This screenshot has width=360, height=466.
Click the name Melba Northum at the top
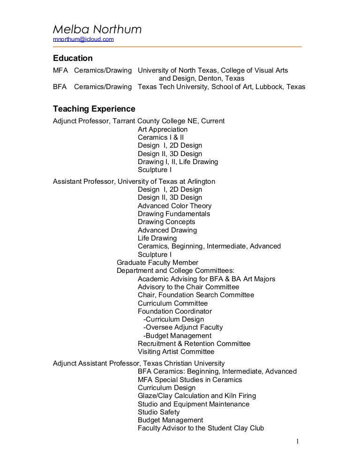coord(97,30)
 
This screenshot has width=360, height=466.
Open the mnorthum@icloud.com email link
coord(83,39)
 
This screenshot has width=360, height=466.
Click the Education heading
coord(73,58)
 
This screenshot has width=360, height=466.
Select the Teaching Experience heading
coord(94,109)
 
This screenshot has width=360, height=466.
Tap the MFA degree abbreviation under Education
coord(60,70)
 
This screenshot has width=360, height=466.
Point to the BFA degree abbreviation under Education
coord(60,87)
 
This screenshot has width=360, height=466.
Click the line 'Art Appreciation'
coord(163,129)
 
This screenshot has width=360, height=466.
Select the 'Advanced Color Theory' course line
coord(174,206)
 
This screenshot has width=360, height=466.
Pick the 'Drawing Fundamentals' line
coord(174,214)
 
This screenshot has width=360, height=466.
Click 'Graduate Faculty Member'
coord(157,263)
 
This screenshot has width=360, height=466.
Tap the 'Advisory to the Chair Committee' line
coord(188,287)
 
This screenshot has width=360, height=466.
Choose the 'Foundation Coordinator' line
coord(175,311)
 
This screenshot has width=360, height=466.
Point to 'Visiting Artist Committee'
coord(176,352)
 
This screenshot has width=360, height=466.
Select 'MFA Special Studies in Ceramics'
coord(190,380)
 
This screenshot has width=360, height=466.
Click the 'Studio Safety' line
coord(159,412)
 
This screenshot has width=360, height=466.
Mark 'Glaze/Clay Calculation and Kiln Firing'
coord(197,396)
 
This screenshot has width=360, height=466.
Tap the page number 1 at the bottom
coord(297,441)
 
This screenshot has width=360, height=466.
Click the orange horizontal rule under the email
coord(177,47)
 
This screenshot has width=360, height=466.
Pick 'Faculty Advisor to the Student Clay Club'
coord(201,428)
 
